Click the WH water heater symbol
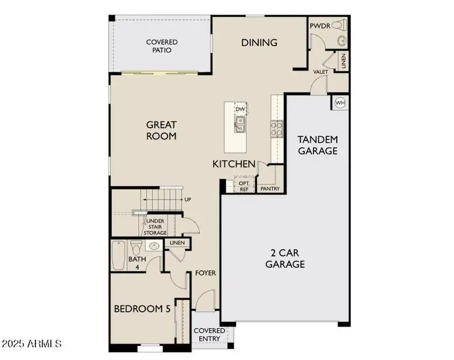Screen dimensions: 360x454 pyautogui.click(x=340, y=103)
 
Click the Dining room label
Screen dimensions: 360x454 pyautogui.click(x=259, y=43)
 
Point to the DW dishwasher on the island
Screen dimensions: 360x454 pyautogui.click(x=240, y=109)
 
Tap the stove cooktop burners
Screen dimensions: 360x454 pyautogui.click(x=278, y=127)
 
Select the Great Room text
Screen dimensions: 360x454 pyautogui.click(x=162, y=130)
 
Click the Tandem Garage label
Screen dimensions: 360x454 pyautogui.click(x=318, y=145)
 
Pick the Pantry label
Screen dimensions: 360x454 pyautogui.click(x=270, y=188)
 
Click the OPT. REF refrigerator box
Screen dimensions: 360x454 pyautogui.click(x=244, y=185)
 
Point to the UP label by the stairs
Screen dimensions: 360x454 pyautogui.click(x=188, y=200)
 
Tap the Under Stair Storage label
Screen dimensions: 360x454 pyautogui.click(x=155, y=227)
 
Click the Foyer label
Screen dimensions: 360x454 pyautogui.click(x=205, y=273)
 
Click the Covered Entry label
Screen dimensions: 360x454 pyautogui.click(x=209, y=335)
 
